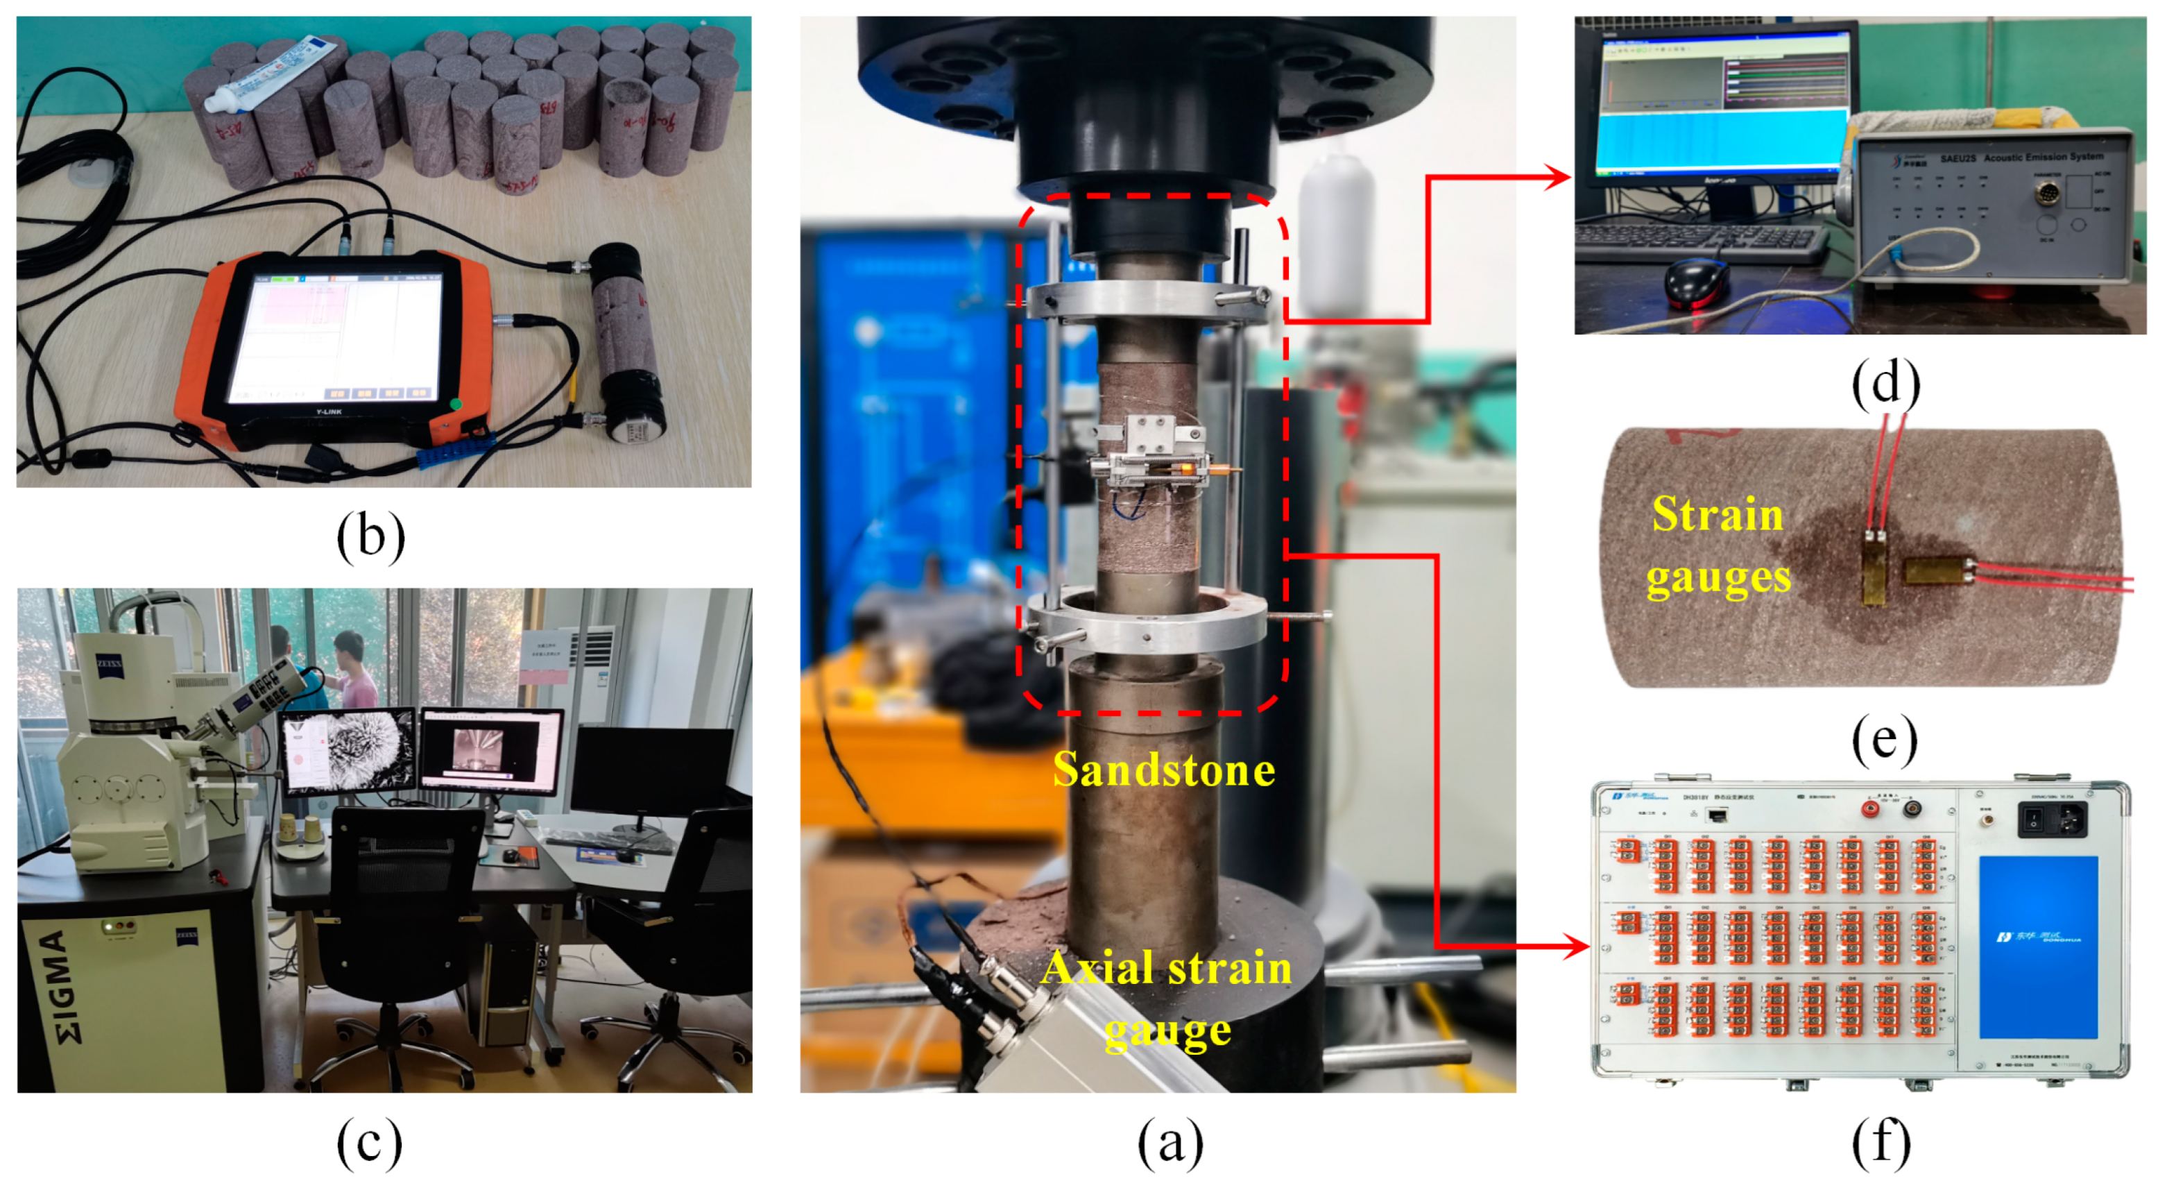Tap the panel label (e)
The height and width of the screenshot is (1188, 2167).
1885,740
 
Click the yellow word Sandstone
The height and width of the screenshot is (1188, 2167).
1163,770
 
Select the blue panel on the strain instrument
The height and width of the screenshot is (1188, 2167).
2037,947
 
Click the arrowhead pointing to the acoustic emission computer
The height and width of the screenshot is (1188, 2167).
1559,178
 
